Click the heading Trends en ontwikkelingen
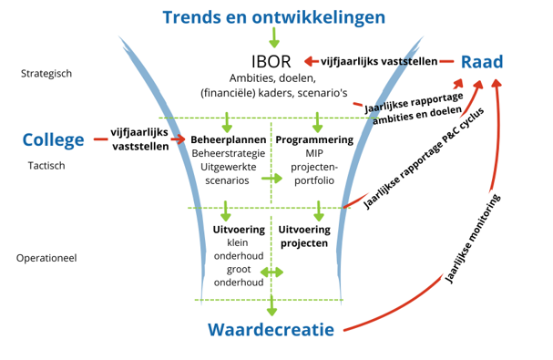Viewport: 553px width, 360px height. pyautogui.click(x=273, y=16)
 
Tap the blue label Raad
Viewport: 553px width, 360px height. pyautogui.click(x=481, y=61)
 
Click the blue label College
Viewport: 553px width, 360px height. pyautogui.click(x=53, y=139)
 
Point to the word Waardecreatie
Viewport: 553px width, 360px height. pyautogui.click(x=270, y=330)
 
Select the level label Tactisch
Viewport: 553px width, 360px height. pyautogui.click(x=46, y=166)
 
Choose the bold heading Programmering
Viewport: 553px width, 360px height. pyautogui.click(x=314, y=139)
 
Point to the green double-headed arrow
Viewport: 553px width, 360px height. pyautogui.click(x=271, y=273)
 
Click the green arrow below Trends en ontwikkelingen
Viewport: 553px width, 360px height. pyautogui.click(x=273, y=37)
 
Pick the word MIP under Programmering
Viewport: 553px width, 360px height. pyautogui.click(x=314, y=153)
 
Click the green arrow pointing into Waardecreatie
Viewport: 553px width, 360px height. pyautogui.click(x=271, y=308)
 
